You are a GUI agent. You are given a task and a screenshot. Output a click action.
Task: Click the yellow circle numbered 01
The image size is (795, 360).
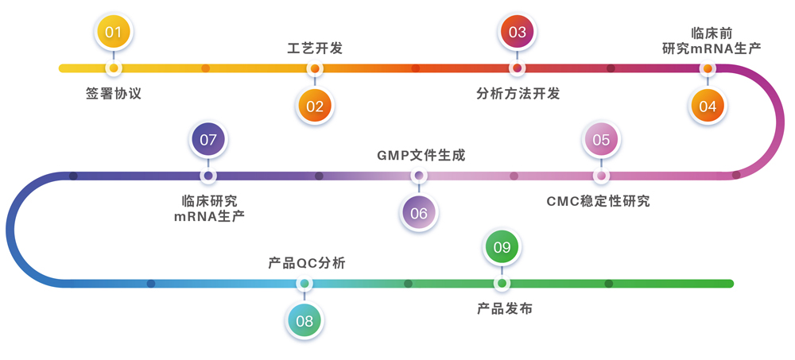click(114, 33)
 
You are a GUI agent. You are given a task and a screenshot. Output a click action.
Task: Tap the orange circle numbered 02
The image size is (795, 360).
click(315, 106)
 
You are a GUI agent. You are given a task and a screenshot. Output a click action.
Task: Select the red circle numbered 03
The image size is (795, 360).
click(518, 33)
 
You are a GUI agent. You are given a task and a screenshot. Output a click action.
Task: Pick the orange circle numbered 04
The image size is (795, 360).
click(708, 106)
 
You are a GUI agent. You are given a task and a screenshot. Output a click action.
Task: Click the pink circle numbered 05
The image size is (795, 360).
click(601, 141)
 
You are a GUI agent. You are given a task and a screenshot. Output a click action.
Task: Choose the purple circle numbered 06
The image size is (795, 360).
click(419, 213)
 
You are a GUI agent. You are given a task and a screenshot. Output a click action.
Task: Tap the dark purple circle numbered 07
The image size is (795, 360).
click(208, 141)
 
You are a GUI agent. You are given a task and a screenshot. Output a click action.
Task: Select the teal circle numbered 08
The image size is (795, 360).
click(304, 321)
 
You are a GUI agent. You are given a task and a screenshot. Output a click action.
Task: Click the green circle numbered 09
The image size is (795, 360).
click(502, 248)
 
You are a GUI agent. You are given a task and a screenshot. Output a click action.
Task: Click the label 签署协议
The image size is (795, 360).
click(114, 94)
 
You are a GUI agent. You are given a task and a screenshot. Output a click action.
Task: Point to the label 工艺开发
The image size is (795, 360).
click(315, 48)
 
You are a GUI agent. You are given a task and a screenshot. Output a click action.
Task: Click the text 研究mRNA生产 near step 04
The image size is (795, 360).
click(712, 48)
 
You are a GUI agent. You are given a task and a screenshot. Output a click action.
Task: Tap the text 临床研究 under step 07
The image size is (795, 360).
click(209, 200)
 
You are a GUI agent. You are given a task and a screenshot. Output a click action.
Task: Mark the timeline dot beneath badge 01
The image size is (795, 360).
click(114, 68)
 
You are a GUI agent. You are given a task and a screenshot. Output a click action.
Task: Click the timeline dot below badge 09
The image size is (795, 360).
click(502, 284)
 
